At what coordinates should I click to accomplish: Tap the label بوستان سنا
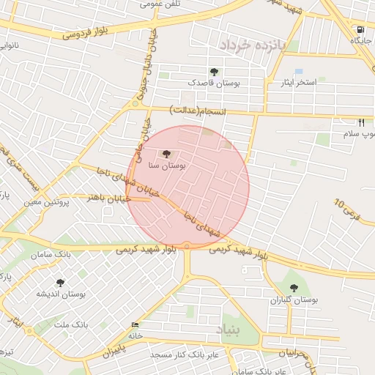pos(167,167)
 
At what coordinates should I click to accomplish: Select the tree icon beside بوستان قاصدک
pos(213,71)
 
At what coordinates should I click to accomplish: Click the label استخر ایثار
pos(299,83)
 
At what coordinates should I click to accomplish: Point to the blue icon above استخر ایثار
pos(299,71)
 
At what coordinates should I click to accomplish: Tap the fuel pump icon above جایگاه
pos(360,30)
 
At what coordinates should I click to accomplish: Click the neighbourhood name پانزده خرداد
pos(250,45)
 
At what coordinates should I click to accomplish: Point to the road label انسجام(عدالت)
pos(199,111)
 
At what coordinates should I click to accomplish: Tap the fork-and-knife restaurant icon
pos(361,123)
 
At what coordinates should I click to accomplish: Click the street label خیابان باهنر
pos(109,198)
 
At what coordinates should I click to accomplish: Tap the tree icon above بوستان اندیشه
pos(60,282)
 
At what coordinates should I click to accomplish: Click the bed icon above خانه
pos(135,324)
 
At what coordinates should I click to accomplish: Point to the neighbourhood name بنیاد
pos(228,332)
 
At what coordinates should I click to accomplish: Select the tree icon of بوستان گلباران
pos(294,288)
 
